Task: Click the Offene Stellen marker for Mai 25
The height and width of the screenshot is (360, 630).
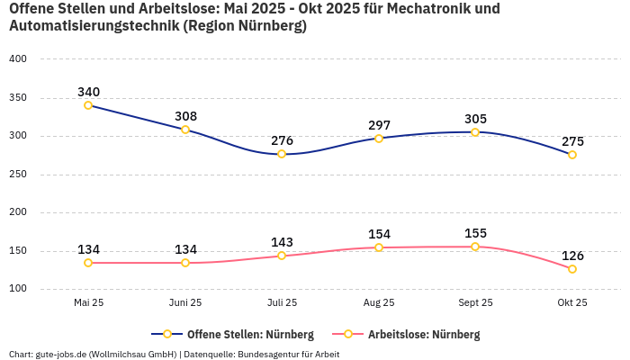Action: point(88,105)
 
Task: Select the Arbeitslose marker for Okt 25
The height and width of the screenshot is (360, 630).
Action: point(572,269)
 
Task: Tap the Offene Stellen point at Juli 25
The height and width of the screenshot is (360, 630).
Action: point(282,154)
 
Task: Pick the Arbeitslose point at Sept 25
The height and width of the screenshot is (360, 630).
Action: point(475,247)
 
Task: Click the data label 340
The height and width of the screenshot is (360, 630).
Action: point(88,92)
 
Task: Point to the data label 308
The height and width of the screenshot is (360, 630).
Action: point(185,116)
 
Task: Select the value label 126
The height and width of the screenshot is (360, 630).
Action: point(572,256)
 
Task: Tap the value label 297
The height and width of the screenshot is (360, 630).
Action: point(379,125)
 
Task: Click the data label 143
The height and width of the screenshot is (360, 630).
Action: point(282,242)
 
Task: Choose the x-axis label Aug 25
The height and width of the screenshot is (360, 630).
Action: point(379,302)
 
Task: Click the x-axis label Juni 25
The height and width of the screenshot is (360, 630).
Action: point(185,302)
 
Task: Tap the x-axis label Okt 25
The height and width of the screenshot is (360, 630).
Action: point(572,302)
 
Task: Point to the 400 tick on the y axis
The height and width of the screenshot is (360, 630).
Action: point(18,58)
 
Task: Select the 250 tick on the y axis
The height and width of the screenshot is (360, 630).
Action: point(18,175)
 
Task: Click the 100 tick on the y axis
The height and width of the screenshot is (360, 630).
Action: point(18,289)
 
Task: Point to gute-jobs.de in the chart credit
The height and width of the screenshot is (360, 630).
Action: point(59,354)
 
